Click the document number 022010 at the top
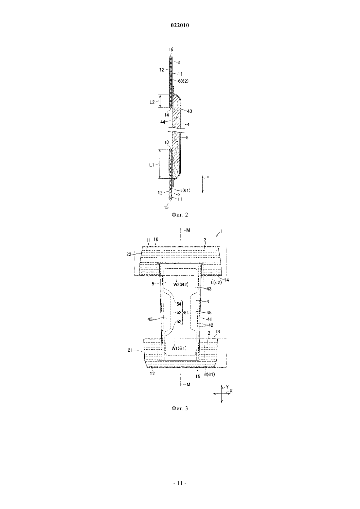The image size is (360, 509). tap(180, 26)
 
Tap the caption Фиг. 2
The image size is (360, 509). tap(180, 215)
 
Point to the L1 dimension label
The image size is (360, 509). tap(152, 165)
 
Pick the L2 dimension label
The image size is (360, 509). tap(152, 102)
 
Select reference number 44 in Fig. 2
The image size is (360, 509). tap(163, 122)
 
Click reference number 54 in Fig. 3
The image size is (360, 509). tap(179, 304)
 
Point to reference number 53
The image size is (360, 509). tap(179, 322)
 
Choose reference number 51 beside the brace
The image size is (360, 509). tap(186, 313)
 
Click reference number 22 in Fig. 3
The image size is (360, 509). tap(129, 254)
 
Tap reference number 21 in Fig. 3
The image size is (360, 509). tap(130, 350)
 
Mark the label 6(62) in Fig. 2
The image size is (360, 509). tap(183, 81)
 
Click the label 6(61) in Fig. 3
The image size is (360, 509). tap(209, 375)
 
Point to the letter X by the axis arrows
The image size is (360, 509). tap(231, 391)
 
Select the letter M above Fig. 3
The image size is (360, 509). tap(188, 230)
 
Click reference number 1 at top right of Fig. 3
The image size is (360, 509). tap(221, 231)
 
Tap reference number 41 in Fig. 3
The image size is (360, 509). tap(209, 319)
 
